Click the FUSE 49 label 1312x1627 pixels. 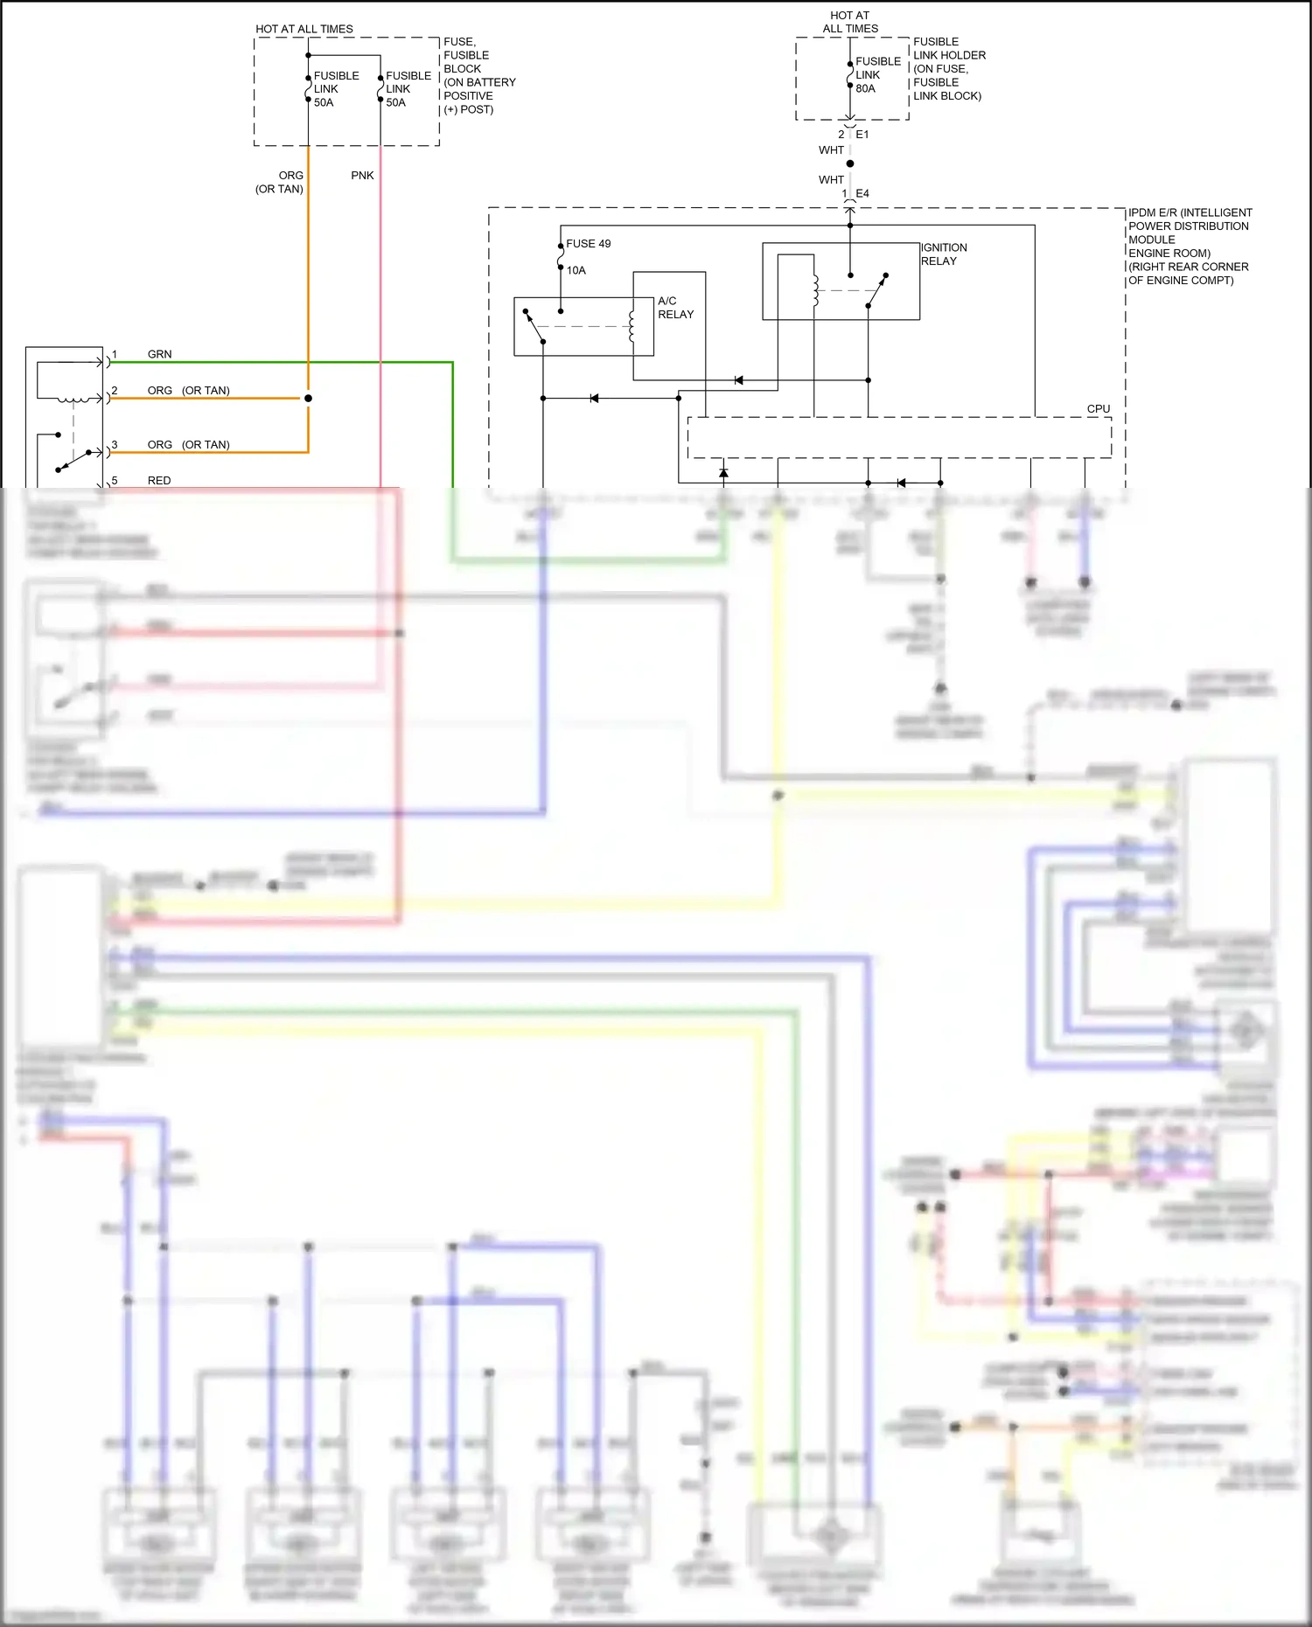pyautogui.click(x=588, y=244)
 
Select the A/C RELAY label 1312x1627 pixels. pyautogui.click(x=675, y=308)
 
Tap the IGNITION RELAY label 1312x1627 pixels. pyautogui.click(x=944, y=254)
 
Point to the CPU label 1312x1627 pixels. pyautogui.click(x=1098, y=409)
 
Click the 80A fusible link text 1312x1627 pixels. pyautogui.click(x=865, y=88)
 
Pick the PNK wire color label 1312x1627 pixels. pyautogui.click(x=362, y=176)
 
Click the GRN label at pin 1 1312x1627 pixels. pyautogui.click(x=159, y=354)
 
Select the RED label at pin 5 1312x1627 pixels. pyautogui.click(x=159, y=481)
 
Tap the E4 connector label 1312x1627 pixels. pyautogui.click(x=862, y=194)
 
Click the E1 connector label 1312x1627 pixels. pyautogui.click(x=862, y=135)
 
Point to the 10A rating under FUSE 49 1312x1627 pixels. pyautogui.click(x=576, y=270)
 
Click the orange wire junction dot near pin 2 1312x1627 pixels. pyautogui.click(x=308, y=399)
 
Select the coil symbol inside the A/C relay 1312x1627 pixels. pyautogui.click(x=632, y=326)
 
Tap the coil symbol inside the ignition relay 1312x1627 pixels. pyautogui.click(x=815, y=291)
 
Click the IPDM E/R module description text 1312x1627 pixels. pyautogui.click(x=1189, y=247)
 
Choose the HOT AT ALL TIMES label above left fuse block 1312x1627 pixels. pyautogui.click(x=304, y=29)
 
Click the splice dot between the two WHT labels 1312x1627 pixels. pyautogui.click(x=850, y=163)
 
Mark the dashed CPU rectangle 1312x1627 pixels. pyautogui.click(x=899, y=437)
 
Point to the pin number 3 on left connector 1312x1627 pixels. pyautogui.click(x=115, y=445)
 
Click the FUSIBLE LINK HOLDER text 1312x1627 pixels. pyautogui.click(x=948, y=68)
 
